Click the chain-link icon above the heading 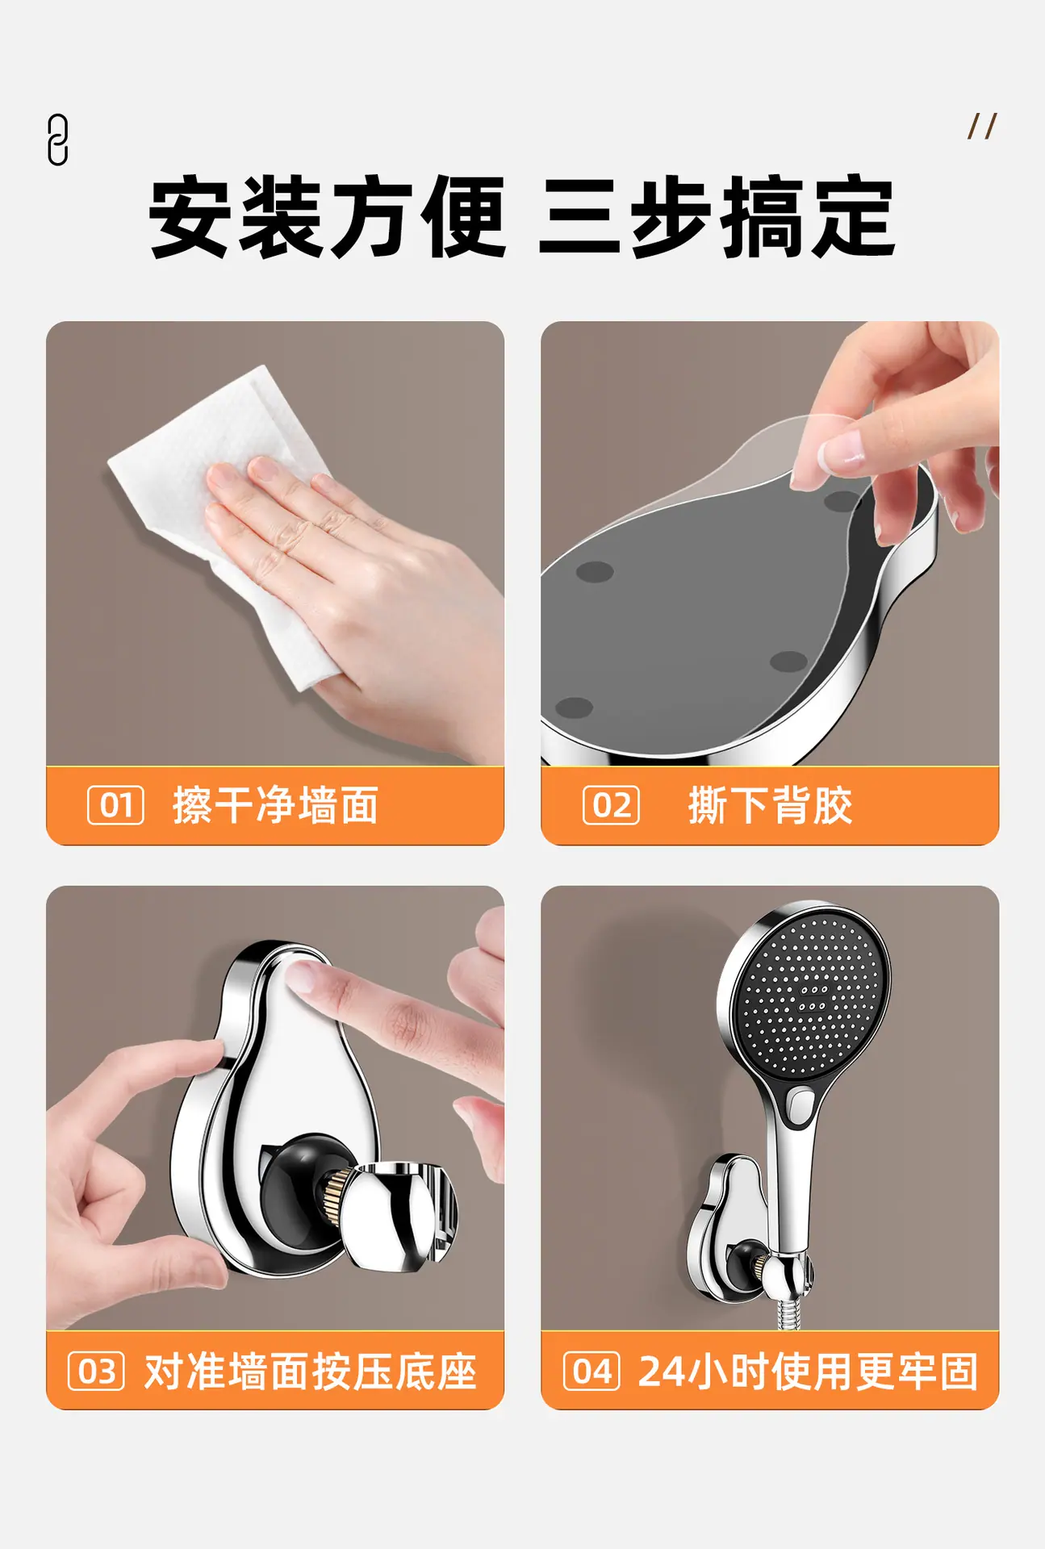[x=57, y=140]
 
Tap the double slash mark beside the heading [x=982, y=126]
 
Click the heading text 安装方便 [x=328, y=217]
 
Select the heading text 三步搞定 [x=717, y=217]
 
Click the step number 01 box [x=115, y=805]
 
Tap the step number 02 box [x=611, y=805]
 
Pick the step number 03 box [x=96, y=1371]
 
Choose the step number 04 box [x=591, y=1371]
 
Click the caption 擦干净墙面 [x=275, y=805]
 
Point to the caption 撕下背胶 [x=770, y=805]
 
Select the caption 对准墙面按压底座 [x=311, y=1371]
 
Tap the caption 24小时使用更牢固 [x=808, y=1371]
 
